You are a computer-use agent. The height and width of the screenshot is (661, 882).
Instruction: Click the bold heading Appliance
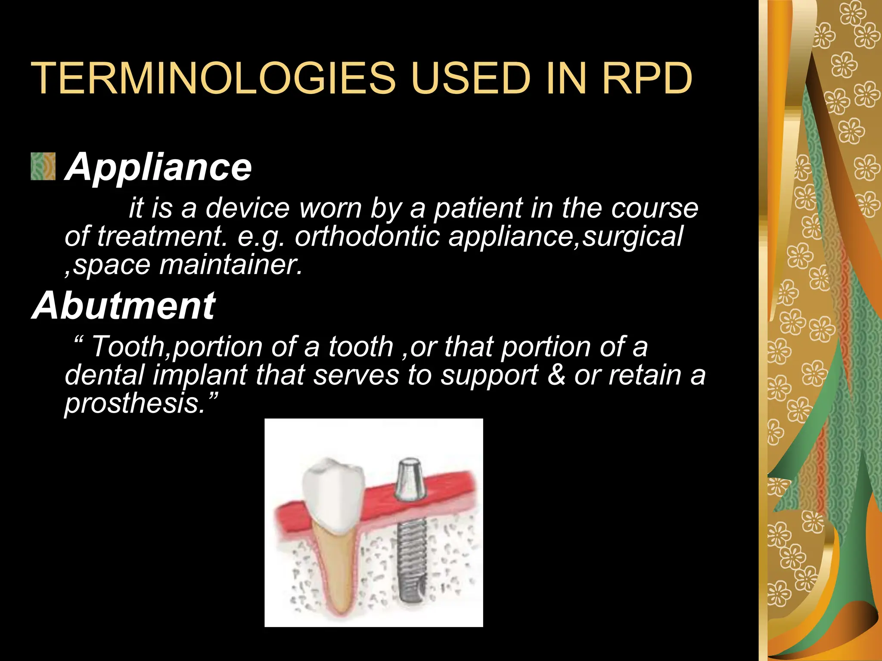(158, 167)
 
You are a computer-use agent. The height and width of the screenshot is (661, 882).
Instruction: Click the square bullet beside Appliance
(43, 166)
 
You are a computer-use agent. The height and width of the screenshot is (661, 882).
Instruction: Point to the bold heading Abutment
(124, 306)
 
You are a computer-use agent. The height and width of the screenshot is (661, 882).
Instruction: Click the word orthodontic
(366, 236)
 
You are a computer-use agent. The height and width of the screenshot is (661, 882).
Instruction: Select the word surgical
(633, 236)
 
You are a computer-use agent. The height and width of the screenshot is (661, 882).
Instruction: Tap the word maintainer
(231, 265)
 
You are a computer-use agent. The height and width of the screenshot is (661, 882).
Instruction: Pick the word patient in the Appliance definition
(478, 208)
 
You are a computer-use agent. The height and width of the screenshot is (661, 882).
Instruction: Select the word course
(654, 208)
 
